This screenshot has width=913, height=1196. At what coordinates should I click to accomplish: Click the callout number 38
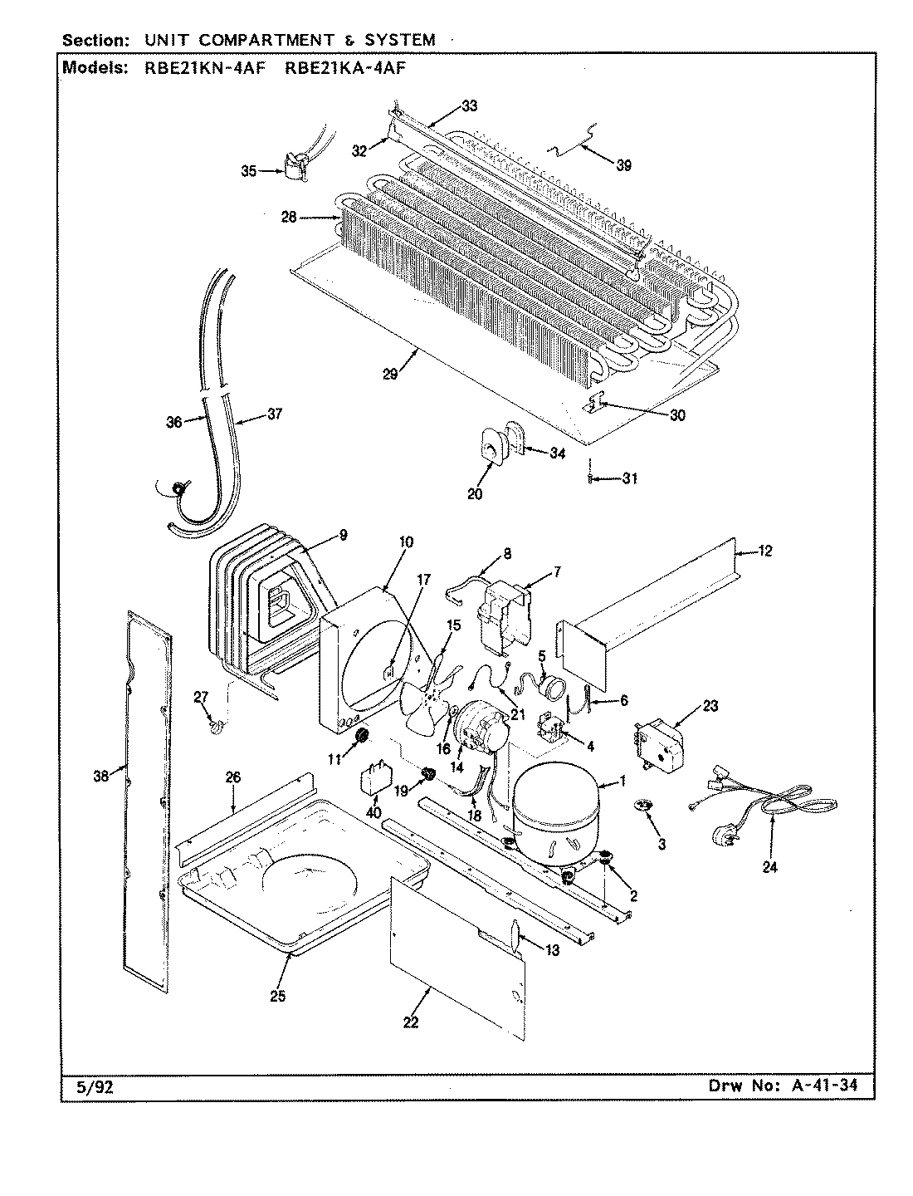[x=100, y=776]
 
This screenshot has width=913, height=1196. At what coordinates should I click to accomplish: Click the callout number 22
[x=410, y=1022]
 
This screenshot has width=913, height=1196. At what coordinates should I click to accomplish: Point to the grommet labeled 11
[x=361, y=737]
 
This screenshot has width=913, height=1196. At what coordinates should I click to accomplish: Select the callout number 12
[x=764, y=551]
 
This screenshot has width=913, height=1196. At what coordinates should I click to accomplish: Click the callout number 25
[x=277, y=996]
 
